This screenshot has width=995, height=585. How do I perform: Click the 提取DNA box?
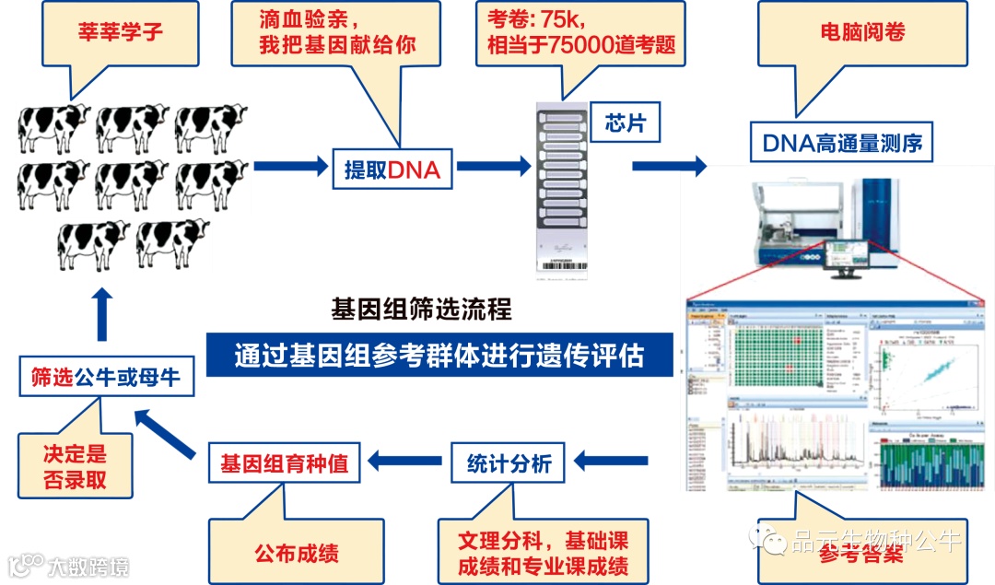coord(392,169)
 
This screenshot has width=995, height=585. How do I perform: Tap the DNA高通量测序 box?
coord(842,143)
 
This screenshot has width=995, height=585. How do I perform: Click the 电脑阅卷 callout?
coord(863,33)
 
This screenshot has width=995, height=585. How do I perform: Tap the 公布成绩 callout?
coord(297,552)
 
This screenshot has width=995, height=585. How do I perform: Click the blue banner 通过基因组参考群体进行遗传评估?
coord(439,355)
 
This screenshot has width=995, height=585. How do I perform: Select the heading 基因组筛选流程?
coord(421,309)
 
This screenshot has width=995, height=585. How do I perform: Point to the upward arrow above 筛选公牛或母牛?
coord(101,314)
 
